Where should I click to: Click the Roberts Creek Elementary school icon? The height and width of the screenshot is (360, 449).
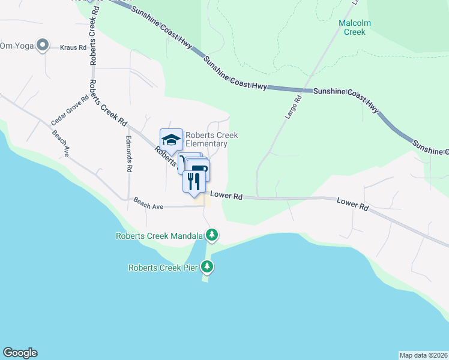[x=171, y=140]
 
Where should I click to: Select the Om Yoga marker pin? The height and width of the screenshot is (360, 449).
[x=43, y=45]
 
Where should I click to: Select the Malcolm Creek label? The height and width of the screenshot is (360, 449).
[x=355, y=28]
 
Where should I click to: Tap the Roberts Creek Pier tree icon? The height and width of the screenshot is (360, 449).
[x=208, y=266]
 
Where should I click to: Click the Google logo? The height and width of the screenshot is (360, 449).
[x=20, y=353]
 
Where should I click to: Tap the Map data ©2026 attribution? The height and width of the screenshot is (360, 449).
[x=423, y=355]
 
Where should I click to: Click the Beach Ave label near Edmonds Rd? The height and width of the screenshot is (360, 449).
[x=148, y=203]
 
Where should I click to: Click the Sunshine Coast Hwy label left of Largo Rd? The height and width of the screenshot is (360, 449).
[x=235, y=74]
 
